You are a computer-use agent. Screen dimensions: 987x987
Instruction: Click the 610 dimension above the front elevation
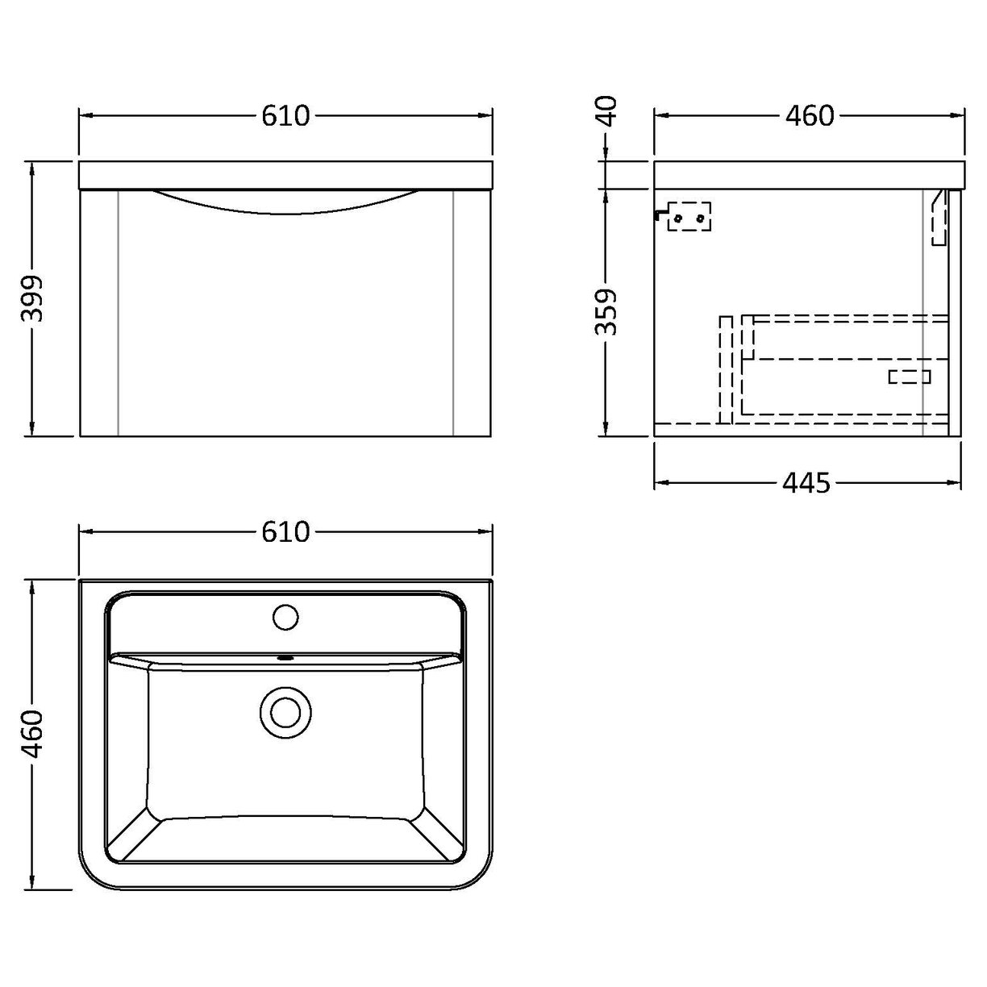pyautogui.click(x=285, y=116)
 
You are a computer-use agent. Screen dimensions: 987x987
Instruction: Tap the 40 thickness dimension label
pyautogui.click(x=607, y=110)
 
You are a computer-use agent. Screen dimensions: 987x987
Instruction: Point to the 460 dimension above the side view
pyautogui.click(x=809, y=116)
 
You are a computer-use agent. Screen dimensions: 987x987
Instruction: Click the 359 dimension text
pyautogui.click(x=607, y=312)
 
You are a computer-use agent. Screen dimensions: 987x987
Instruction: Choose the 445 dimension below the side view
pyautogui.click(x=806, y=483)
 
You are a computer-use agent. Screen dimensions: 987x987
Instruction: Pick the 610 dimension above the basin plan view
pyautogui.click(x=285, y=531)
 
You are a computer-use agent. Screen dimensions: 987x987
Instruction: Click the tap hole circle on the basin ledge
pyautogui.click(x=285, y=618)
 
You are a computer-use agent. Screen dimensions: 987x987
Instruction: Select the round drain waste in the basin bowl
pyautogui.click(x=285, y=712)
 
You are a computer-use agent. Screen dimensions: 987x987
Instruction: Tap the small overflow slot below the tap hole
pyautogui.click(x=285, y=657)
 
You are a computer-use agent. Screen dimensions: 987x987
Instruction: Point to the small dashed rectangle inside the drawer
pyautogui.click(x=910, y=377)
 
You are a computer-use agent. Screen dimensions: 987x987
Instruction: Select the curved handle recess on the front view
pyautogui.click(x=285, y=202)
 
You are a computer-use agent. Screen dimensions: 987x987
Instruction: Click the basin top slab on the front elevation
pyautogui.click(x=285, y=175)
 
